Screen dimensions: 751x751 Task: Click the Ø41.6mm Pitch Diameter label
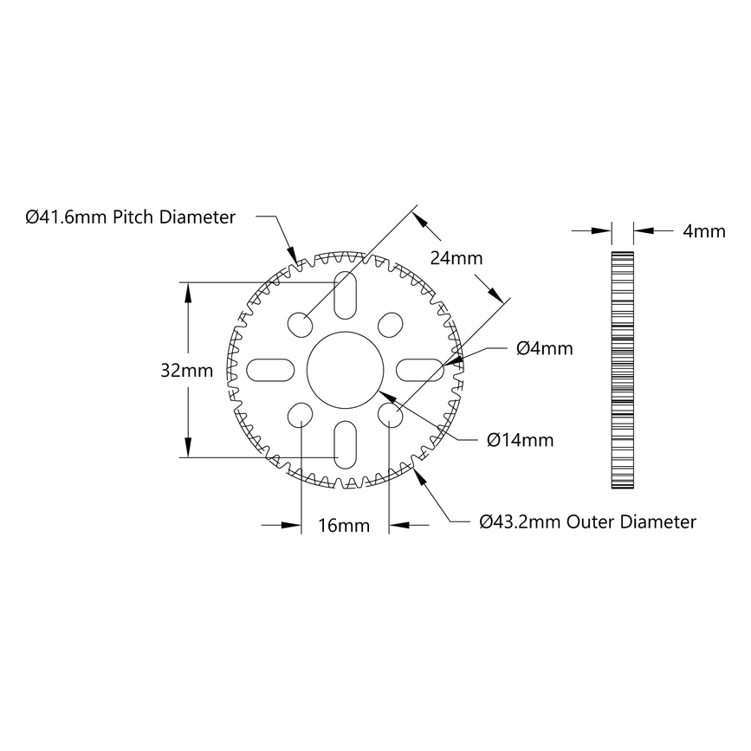tap(131, 217)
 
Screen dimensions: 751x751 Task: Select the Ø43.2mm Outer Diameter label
tap(588, 522)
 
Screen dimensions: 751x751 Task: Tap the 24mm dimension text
tap(456, 259)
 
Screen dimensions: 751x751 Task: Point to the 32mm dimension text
tap(186, 370)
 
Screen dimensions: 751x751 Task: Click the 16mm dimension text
tap(344, 525)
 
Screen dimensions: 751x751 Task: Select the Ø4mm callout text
tap(544, 348)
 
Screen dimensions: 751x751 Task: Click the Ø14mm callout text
tap(520, 440)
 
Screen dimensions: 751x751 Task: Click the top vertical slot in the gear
tap(344, 295)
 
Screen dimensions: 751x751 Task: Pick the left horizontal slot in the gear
tap(270, 369)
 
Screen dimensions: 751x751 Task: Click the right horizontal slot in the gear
tap(419, 369)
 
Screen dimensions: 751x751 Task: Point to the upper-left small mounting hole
tap(300, 325)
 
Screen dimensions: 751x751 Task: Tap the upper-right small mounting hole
tap(389, 325)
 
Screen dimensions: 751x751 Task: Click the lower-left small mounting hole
tap(300, 414)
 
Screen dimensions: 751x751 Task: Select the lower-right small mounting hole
tap(389, 414)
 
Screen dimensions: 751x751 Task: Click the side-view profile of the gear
tap(622, 370)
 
